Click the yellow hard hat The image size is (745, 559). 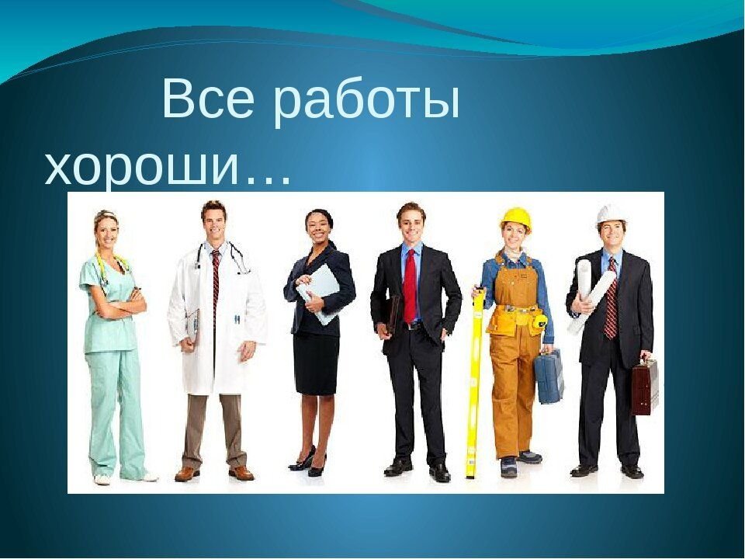[515, 220]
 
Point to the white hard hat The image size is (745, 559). [612, 215]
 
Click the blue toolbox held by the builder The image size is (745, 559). [549, 376]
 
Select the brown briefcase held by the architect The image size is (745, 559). [645, 386]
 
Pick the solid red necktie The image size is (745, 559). [410, 284]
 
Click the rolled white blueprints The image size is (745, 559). [589, 295]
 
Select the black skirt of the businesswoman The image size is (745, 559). [316, 363]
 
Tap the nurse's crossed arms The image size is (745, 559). [120, 304]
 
